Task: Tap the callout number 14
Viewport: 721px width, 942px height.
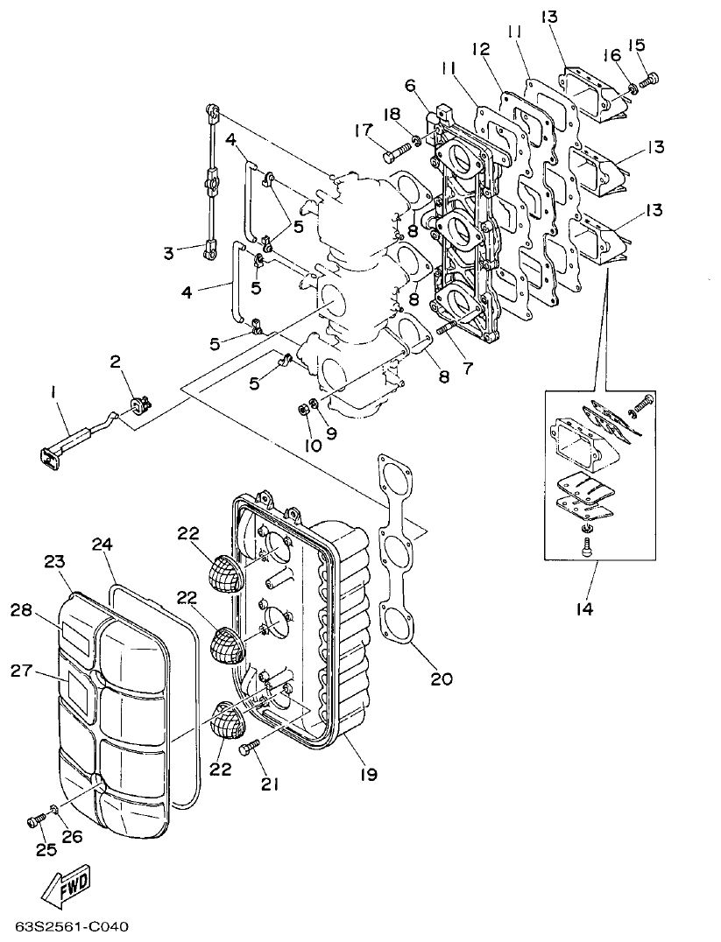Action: click(584, 608)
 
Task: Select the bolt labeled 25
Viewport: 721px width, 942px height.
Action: click(35, 821)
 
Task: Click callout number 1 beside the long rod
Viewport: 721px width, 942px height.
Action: click(53, 395)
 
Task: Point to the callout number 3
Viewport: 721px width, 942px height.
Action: click(170, 254)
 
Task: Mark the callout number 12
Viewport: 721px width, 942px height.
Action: click(481, 48)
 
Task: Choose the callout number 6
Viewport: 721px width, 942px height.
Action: click(409, 85)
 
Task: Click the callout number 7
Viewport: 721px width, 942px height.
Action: click(466, 368)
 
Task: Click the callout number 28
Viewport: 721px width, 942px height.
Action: click(21, 609)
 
